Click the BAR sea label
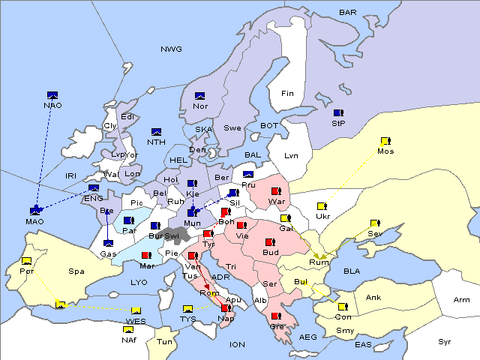[x=347, y=12]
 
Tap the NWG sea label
[x=171, y=49]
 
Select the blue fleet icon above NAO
[x=52, y=94]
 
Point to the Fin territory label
[x=287, y=94]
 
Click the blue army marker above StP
[x=338, y=112]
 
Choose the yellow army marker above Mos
[x=385, y=141]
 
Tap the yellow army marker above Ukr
[x=322, y=206]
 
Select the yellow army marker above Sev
[x=374, y=223]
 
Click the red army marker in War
[x=277, y=191]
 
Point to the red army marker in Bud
[x=270, y=242]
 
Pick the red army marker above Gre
[x=276, y=316]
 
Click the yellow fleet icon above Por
[x=26, y=261]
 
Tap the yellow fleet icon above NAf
[x=129, y=329]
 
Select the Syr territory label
[x=445, y=342]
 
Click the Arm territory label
[x=462, y=300]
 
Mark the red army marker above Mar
[x=146, y=256]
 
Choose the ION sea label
[x=237, y=344]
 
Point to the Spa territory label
[x=76, y=271]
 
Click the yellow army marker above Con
[x=342, y=307]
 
